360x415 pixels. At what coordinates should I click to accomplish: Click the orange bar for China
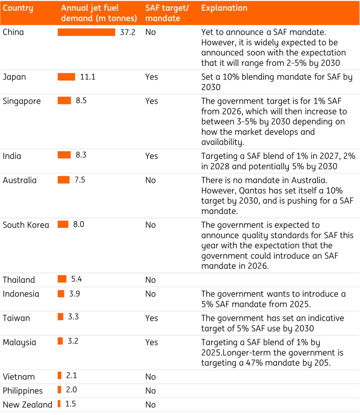coord(86,32)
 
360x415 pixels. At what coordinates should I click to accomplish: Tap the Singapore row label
coord(22,101)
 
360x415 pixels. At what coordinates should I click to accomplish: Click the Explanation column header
coord(224,8)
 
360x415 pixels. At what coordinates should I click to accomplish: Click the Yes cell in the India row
coord(152,156)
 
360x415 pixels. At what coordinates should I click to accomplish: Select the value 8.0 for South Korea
coord(79,224)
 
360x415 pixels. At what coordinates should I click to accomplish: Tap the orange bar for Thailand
coord(62,279)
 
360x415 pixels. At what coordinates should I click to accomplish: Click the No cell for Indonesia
coord(150,294)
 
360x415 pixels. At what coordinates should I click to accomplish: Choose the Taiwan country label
coord(16,318)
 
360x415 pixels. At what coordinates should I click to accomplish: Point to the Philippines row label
coord(22,391)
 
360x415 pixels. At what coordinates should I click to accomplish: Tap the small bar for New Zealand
coord(59,404)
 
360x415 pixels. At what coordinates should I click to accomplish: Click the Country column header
coord(18,8)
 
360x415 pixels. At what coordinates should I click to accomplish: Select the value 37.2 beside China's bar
coord(127,32)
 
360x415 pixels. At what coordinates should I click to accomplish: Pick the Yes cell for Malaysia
coord(152,343)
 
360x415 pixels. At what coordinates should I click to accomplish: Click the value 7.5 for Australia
coord(80,180)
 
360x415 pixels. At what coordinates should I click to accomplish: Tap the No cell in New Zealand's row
coord(150,405)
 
